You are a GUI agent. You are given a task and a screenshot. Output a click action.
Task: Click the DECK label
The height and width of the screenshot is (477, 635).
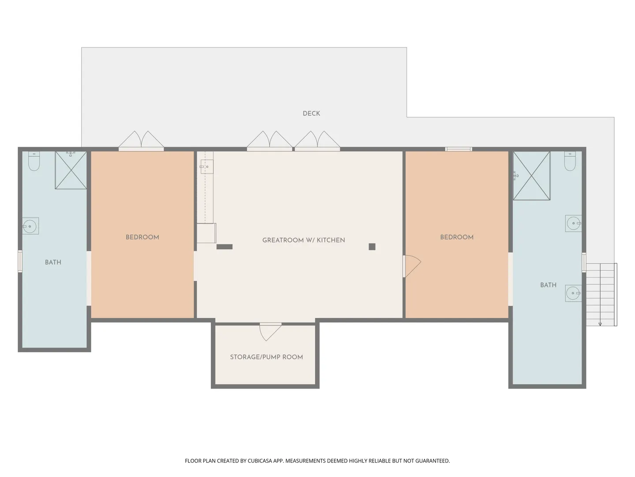pos(311,114)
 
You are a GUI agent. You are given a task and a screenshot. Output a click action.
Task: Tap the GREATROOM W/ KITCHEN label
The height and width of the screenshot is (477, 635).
pos(303,240)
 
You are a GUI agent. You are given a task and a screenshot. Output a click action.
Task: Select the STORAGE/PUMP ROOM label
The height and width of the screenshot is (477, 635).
pos(266,357)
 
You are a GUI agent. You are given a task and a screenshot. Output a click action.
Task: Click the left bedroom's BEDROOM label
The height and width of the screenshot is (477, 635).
pos(142,237)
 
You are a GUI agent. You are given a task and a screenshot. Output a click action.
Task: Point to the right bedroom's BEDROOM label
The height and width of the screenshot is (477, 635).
pos(457,237)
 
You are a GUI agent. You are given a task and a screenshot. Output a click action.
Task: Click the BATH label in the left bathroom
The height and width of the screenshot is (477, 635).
pos(53,262)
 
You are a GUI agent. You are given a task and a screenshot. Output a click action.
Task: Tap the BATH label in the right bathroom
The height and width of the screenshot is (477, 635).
pos(548,285)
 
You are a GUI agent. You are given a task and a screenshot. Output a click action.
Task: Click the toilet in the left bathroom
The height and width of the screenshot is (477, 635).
pos(34,161)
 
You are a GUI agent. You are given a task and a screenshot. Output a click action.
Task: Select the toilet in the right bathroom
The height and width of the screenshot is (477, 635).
pos(570,161)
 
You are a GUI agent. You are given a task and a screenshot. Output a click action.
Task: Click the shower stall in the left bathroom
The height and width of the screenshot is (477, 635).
pos(71,170)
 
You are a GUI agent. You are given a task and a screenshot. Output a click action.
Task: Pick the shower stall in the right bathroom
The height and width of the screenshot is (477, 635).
pos(532,176)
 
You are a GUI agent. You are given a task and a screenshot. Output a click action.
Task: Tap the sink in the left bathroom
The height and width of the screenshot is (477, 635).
pos(30,226)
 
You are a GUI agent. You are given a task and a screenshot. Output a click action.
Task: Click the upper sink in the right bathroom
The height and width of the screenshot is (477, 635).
pos(573,223)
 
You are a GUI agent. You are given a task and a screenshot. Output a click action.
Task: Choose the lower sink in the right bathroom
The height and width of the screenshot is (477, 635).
pos(573,293)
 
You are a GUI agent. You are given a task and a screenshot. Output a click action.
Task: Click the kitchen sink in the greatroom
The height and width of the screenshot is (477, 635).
pos(206,167)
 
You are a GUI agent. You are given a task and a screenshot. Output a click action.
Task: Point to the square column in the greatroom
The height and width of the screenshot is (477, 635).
pos(372,247)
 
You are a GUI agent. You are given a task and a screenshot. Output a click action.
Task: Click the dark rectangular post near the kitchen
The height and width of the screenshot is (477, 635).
pos(224,247)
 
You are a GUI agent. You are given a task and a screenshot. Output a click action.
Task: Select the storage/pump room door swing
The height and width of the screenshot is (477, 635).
pos(270,332)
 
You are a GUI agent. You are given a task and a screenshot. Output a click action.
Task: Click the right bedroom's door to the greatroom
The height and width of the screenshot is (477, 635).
pos(412,266)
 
